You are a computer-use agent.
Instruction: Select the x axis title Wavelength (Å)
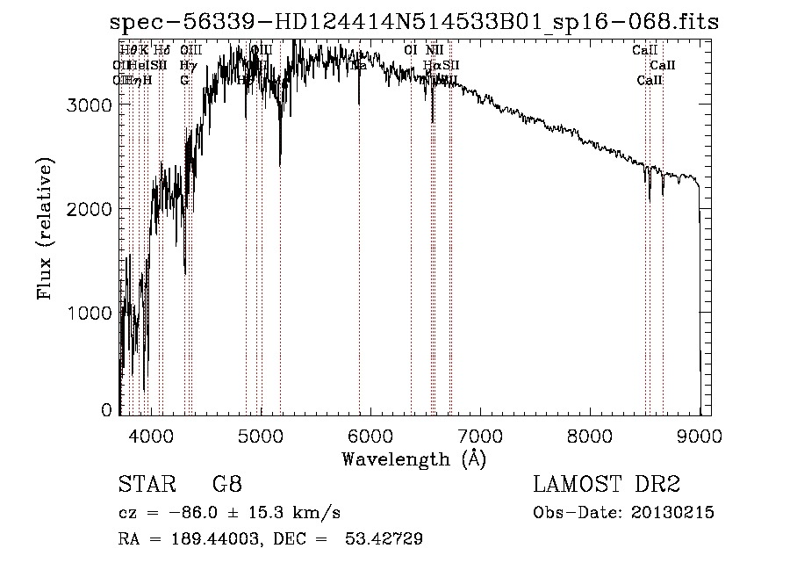pos(413,458)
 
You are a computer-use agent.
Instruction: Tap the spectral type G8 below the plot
pos(227,485)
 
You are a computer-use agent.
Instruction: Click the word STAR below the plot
pos(145,485)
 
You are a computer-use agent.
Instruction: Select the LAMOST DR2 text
pos(607,485)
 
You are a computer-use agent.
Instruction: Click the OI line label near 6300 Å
pos(410,50)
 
